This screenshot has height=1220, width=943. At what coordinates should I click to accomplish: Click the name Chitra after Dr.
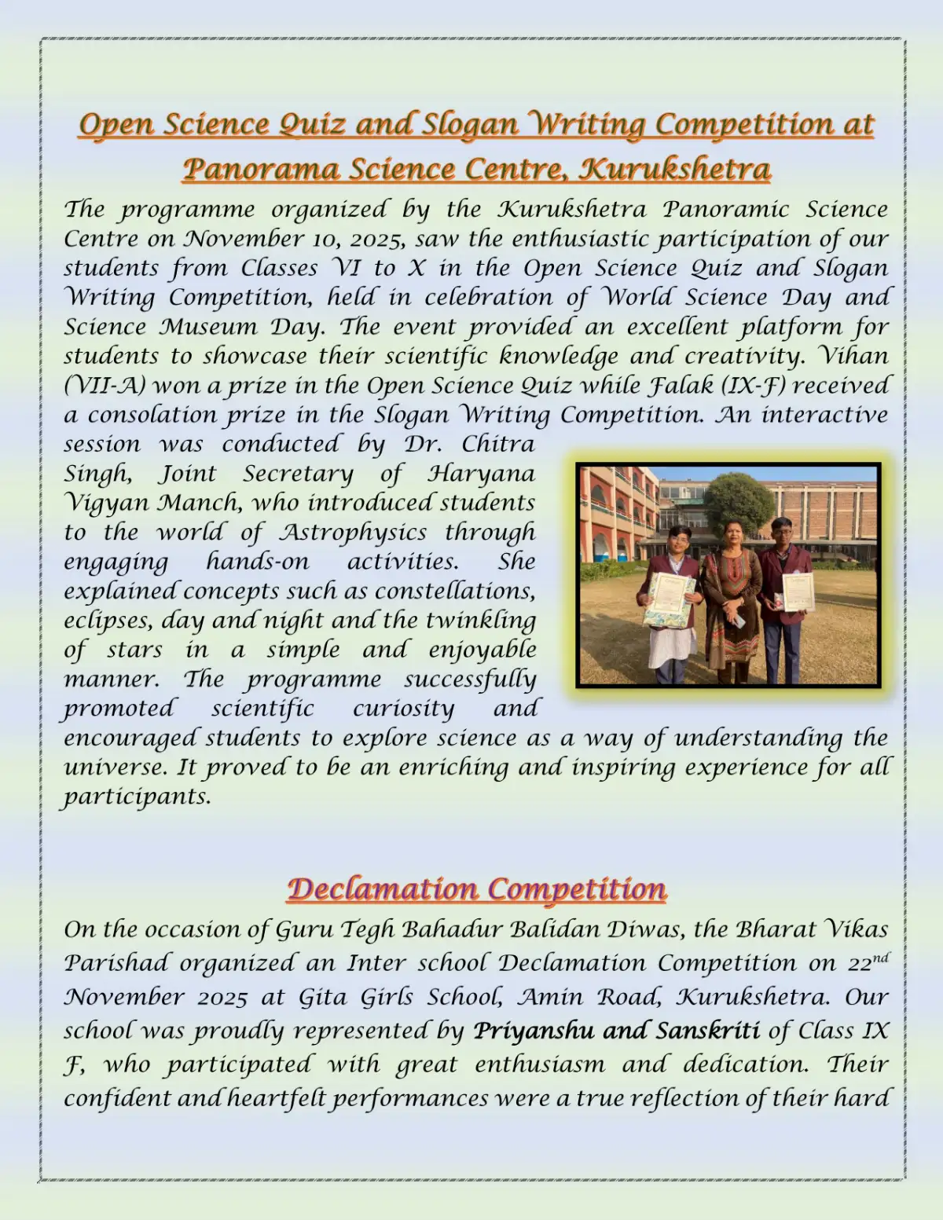click(x=497, y=445)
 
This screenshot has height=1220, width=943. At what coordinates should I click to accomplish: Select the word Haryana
click(x=481, y=474)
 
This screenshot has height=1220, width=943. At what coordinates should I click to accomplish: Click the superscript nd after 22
click(x=880, y=957)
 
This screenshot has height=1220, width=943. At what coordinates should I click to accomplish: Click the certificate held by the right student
click(x=798, y=591)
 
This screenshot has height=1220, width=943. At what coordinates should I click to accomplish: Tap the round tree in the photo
click(x=738, y=502)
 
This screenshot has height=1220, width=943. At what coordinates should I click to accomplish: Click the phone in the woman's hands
click(x=739, y=620)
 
